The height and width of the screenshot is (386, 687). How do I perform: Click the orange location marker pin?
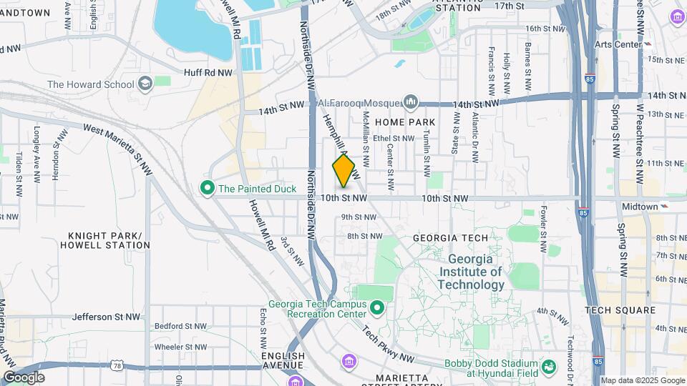(344, 170)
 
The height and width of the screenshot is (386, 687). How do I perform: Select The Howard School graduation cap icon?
(146, 84)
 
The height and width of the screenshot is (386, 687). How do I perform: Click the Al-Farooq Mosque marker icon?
(411, 102)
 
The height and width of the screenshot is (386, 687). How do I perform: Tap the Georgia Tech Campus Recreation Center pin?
(377, 308)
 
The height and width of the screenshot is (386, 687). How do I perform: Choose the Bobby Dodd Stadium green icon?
(549, 367)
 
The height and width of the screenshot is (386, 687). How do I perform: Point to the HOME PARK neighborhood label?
(410, 122)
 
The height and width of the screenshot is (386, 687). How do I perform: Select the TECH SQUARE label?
(620, 310)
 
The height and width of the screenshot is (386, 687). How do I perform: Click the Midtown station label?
(639, 207)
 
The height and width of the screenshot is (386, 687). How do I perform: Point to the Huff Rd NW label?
(208, 72)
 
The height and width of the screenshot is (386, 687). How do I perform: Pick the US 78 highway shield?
(116, 366)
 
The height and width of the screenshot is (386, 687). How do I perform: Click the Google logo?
(24, 377)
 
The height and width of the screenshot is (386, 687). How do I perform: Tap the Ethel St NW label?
(394, 139)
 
